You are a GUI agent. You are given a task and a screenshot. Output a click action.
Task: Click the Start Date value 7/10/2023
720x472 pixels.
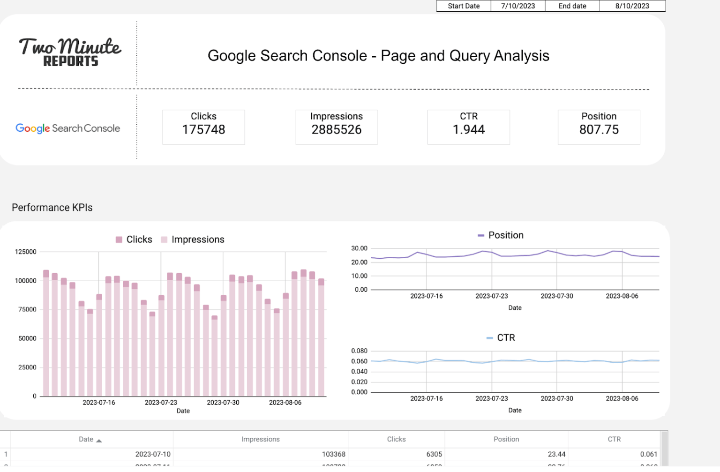(x=517, y=6)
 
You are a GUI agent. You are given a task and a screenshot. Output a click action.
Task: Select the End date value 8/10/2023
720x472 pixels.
(x=632, y=6)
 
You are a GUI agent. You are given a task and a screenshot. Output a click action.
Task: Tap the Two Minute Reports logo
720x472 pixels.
(x=70, y=52)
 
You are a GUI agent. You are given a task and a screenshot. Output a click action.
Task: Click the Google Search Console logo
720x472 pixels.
(x=68, y=128)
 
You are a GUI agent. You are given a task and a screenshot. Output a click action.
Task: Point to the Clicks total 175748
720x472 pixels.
(x=203, y=130)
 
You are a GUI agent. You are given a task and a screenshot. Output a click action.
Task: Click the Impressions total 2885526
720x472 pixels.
(x=337, y=130)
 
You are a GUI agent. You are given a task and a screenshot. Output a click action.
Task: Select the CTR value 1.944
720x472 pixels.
(x=469, y=130)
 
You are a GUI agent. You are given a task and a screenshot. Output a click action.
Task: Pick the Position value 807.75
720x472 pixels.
(x=599, y=130)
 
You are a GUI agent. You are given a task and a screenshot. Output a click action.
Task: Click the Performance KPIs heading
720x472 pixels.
(x=52, y=208)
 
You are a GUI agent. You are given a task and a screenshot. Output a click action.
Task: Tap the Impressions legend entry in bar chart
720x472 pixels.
(x=197, y=240)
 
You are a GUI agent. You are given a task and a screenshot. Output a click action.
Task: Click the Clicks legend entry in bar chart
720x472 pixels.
(x=139, y=240)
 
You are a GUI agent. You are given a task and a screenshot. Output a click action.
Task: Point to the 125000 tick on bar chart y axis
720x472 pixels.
(x=26, y=252)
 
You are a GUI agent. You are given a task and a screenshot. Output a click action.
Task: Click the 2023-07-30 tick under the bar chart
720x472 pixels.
(x=223, y=403)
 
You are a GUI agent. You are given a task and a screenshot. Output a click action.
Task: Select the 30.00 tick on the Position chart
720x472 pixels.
(x=360, y=248)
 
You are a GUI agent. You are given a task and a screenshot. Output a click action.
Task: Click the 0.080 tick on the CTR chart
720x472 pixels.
(x=360, y=351)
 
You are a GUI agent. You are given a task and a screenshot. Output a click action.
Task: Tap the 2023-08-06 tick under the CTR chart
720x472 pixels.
(x=622, y=398)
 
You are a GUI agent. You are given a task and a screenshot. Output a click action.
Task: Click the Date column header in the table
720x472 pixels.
(x=86, y=439)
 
